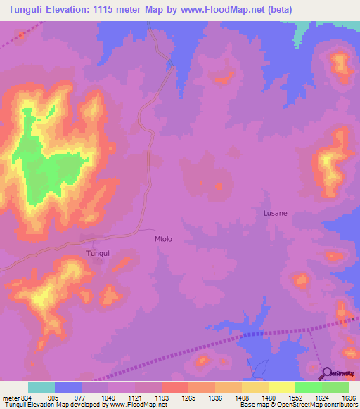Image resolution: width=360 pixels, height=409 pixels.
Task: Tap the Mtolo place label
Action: point(163,239)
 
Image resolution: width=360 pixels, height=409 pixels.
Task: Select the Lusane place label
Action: point(275,212)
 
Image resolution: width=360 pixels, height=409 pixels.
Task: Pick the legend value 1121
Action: point(135,397)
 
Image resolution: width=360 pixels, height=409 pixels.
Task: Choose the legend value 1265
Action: point(188,397)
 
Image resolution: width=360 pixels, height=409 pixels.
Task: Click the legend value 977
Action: point(82,397)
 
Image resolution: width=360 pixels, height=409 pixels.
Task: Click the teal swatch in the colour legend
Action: point(41,387)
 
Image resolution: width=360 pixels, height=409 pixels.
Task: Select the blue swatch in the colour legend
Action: point(68,387)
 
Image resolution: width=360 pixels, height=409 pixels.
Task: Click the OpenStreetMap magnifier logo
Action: point(327,373)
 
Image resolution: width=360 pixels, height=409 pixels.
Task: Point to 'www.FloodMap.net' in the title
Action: point(205,10)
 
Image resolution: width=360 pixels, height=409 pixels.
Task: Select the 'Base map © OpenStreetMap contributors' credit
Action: point(298,405)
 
